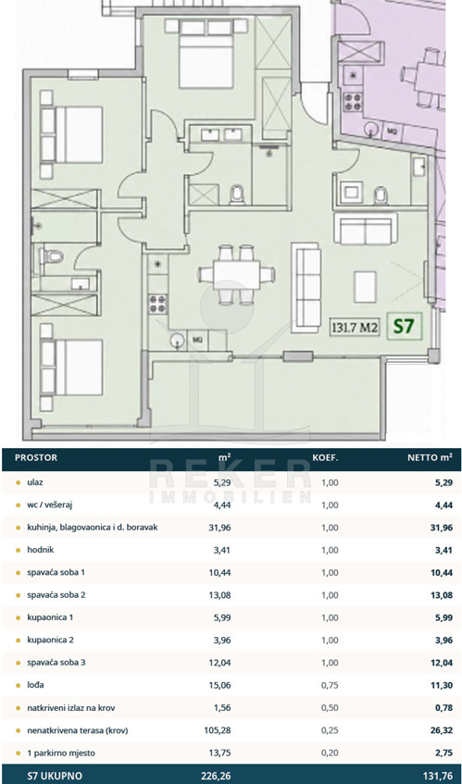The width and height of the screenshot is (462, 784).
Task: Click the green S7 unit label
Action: tap(405, 327)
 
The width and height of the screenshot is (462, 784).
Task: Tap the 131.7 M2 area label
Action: tap(355, 328)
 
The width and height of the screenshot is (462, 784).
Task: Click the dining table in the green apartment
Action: tap(236, 275)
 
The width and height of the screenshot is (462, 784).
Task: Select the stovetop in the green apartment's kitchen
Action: tap(158, 303)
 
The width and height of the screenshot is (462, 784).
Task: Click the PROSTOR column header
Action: tap(36, 457)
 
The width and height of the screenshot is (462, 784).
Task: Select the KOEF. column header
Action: tap(326, 457)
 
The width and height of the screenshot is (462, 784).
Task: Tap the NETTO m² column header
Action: tap(430, 457)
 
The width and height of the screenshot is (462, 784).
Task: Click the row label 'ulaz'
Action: tap(34, 482)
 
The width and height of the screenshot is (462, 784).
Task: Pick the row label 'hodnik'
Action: tap(41, 550)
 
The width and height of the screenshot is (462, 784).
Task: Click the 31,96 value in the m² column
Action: tap(219, 528)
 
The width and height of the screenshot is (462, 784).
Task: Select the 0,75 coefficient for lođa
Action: tap(330, 686)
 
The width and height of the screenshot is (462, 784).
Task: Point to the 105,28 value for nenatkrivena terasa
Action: tap(218, 730)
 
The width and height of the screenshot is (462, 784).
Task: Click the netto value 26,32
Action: tap(442, 730)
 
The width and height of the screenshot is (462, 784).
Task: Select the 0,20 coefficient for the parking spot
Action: tap(330, 753)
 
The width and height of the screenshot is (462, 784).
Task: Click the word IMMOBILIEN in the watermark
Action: tap(230, 496)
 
